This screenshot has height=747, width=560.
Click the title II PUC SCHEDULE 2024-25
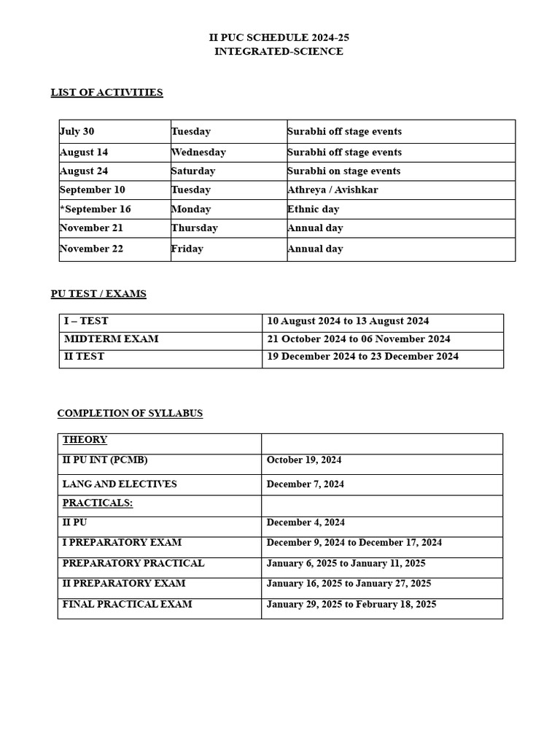tap(279, 37)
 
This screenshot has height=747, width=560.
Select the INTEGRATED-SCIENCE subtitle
tap(279, 52)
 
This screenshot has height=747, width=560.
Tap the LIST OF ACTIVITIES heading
tap(106, 93)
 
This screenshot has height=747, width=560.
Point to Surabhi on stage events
tap(343, 171)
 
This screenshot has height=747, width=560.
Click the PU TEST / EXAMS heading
tap(98, 294)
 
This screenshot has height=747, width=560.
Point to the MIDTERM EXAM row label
tap(111, 339)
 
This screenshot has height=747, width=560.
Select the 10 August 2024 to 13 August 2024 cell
tap(348, 321)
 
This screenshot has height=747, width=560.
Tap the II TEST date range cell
tap(362, 357)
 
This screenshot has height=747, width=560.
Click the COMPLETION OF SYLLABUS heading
tap(130, 414)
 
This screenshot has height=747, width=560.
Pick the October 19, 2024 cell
tap(304, 460)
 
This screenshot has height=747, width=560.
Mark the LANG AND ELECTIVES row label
tap(120, 484)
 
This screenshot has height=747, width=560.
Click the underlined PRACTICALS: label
tap(98, 503)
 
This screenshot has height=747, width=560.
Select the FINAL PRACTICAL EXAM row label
tap(128, 605)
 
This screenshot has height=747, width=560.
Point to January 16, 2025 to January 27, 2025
tap(349, 584)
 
